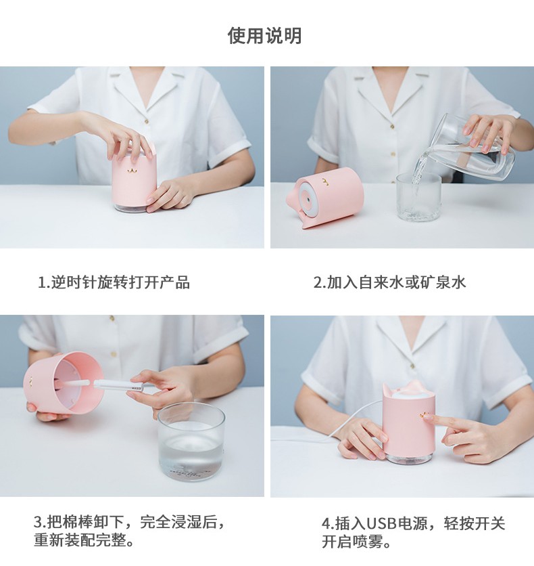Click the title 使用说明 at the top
(x=264, y=36)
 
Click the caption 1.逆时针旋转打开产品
(x=114, y=282)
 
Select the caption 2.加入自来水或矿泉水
(x=389, y=282)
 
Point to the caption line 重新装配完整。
(x=84, y=540)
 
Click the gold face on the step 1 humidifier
(x=132, y=169)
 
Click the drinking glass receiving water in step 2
(x=418, y=197)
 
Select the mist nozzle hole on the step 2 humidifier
(x=309, y=198)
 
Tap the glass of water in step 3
(x=191, y=442)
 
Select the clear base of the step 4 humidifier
(x=408, y=458)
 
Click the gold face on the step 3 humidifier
(x=30, y=382)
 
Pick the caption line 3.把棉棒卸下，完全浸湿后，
(x=130, y=522)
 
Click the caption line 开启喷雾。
(x=356, y=542)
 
